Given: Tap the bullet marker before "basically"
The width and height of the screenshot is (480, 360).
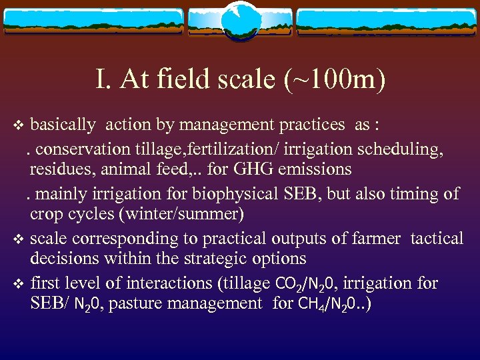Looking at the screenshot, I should [19, 125].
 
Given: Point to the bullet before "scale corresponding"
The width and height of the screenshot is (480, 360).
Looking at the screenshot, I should [19, 239].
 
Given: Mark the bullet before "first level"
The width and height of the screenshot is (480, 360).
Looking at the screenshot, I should [19, 283].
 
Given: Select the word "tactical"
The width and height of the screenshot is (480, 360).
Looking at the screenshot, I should [437, 238].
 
